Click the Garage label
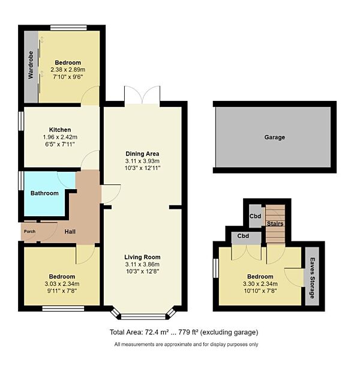[x=274, y=137]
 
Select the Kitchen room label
[x=60, y=130]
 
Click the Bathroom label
[x=44, y=193]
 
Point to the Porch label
[x=29, y=232]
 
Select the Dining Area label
[x=143, y=153]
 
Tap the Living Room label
[x=143, y=257]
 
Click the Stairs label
[x=275, y=224]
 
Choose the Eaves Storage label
[x=312, y=278]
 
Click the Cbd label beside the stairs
[x=256, y=216]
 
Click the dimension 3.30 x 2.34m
[x=259, y=285]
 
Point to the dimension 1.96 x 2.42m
[x=60, y=137]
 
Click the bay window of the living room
[x=143, y=315]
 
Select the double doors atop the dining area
[x=143, y=95]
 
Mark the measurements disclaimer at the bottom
[x=186, y=344]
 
